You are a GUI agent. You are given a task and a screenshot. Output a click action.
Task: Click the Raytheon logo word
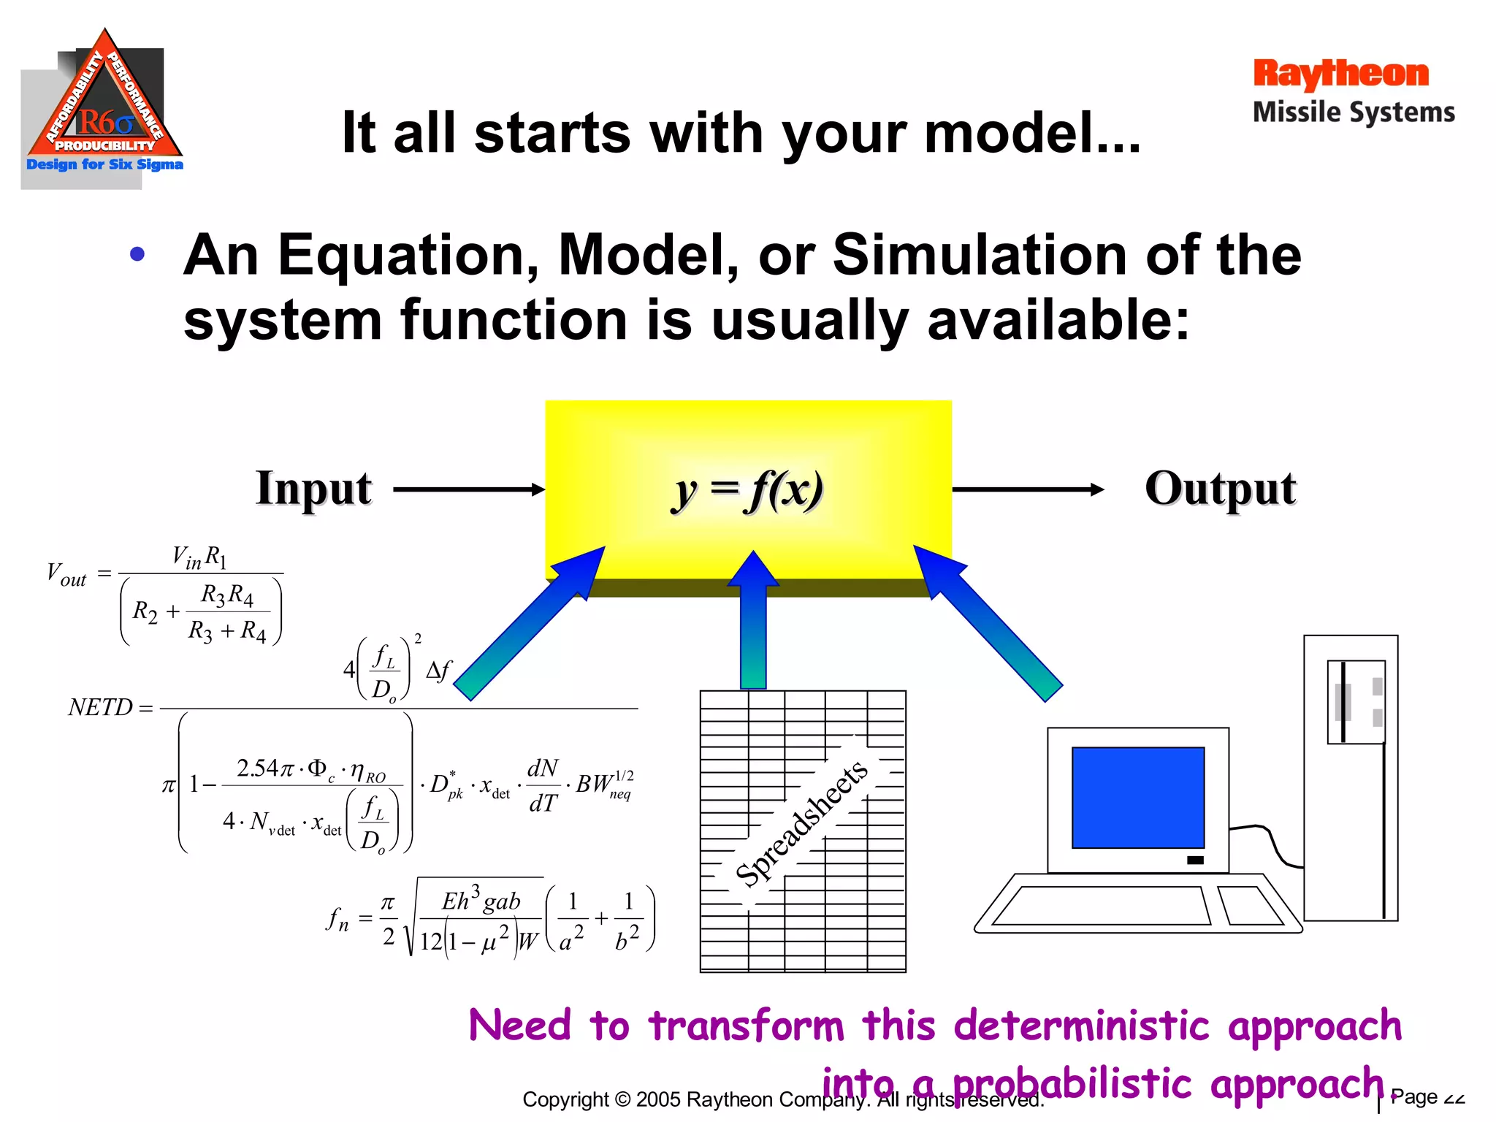1340,75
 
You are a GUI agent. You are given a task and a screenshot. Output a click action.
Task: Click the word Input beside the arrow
313,489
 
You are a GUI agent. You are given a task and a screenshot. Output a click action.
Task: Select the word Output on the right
1220,489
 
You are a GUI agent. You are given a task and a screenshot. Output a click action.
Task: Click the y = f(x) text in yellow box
747,490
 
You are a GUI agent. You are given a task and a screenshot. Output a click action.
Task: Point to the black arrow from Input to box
467,489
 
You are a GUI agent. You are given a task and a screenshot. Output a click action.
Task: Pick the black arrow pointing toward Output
1026,489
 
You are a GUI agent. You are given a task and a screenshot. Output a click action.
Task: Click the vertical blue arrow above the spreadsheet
753,621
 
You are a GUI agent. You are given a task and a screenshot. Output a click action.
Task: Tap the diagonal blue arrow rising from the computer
986,621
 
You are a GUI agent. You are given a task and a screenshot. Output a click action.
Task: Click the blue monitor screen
1137,797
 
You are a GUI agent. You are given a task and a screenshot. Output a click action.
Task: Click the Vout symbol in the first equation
66,574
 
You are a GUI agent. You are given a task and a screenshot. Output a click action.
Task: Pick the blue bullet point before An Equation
137,255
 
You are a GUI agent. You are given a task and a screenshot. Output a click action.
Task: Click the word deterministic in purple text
1081,1026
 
